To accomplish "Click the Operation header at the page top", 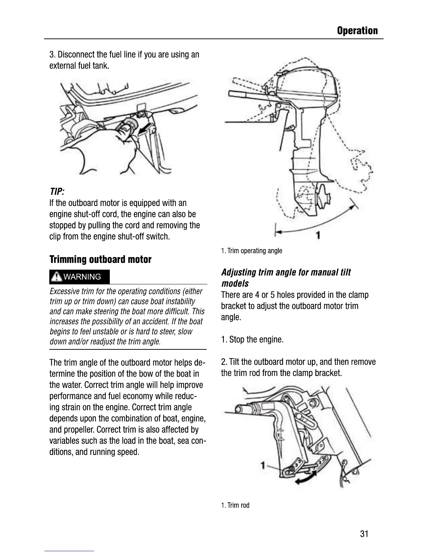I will (357, 31).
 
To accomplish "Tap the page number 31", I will (364, 534).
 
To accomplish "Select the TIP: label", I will (57, 192).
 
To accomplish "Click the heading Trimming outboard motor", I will (100, 260).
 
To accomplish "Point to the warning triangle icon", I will (56, 277).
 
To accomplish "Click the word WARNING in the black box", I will (83, 277).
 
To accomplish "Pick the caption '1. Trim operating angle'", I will (251, 251).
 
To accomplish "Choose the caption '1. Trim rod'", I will (235, 505).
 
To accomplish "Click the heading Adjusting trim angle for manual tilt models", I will (286, 278).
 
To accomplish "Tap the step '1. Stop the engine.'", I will (252, 340).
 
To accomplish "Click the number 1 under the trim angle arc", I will (318, 235).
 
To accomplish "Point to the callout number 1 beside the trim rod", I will (263, 465).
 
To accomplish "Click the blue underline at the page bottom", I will (69, 551).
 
